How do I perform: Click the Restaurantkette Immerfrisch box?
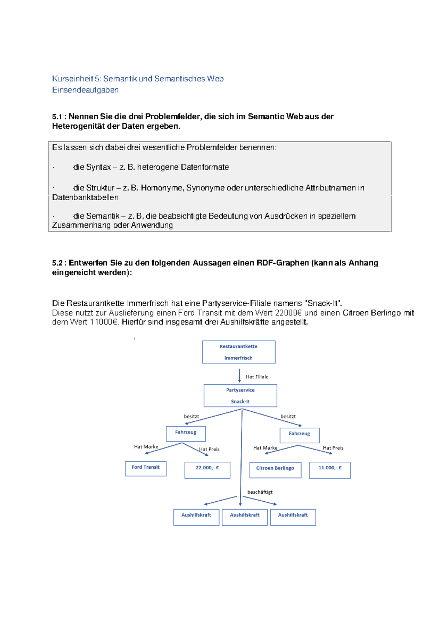[239, 352]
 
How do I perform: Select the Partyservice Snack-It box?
[240, 396]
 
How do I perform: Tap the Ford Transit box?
[146, 468]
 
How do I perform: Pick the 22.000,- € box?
[207, 470]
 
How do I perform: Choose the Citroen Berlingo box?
[275, 470]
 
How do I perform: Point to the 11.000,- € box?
[330, 470]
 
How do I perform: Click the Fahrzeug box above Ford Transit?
[186, 433]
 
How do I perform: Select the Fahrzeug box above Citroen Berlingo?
[300, 435]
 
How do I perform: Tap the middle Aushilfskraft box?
[245, 517]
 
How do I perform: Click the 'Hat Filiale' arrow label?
[257, 377]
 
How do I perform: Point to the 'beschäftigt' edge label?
[260, 492]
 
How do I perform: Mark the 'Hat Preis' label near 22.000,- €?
[209, 449]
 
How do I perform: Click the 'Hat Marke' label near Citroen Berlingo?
[265, 448]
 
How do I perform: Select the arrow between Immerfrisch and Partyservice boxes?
[239, 375]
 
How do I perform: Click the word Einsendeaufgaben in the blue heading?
[85, 90]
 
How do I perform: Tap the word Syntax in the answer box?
[98, 167]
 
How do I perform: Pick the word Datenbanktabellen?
[85, 197]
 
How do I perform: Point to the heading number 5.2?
[57, 263]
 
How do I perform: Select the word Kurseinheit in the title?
[73, 79]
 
